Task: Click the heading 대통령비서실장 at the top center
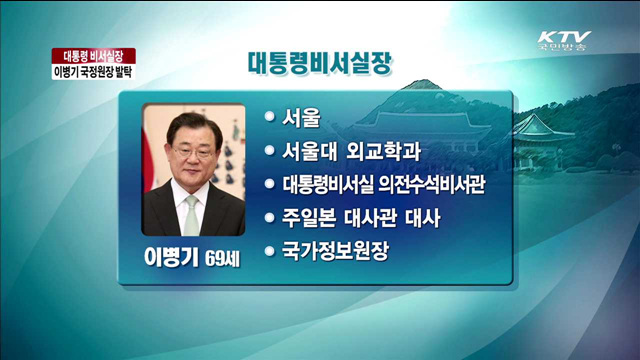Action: click(320, 62)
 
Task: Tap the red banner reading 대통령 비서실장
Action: click(93, 56)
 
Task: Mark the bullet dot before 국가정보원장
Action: click(269, 249)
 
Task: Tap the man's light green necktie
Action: click(190, 214)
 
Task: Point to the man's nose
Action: click(190, 163)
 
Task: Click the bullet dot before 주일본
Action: click(269, 216)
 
